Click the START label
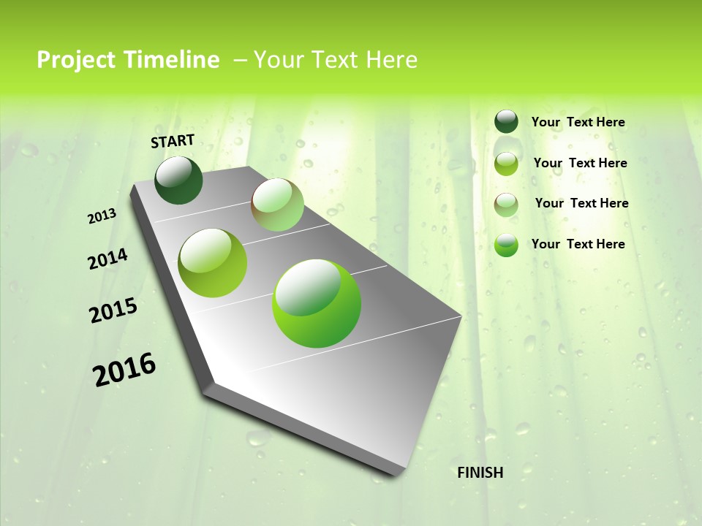pyautogui.click(x=173, y=141)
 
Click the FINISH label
pyautogui.click(x=480, y=473)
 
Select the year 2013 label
pyautogui.click(x=102, y=216)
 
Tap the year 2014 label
pyautogui.click(x=107, y=259)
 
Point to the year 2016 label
pyautogui.click(x=124, y=369)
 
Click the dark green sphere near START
pyautogui.click(x=179, y=180)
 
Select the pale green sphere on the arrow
pyautogui.click(x=277, y=205)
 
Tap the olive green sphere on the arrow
pyautogui.click(x=213, y=263)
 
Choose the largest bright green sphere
pyautogui.click(x=317, y=303)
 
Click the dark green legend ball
pyautogui.click(x=506, y=122)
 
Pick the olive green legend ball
pyautogui.click(x=506, y=164)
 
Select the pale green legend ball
pyautogui.click(x=506, y=205)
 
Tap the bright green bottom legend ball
pyautogui.click(x=506, y=245)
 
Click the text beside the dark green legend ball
pyautogui.click(x=578, y=123)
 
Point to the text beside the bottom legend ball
pyautogui.click(x=578, y=244)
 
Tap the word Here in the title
pyautogui.click(x=391, y=60)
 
